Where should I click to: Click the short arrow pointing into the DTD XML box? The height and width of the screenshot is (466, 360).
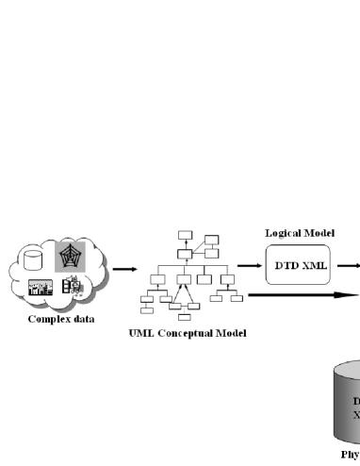click(250, 266)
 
